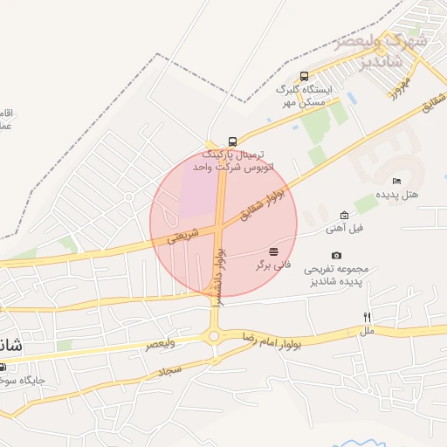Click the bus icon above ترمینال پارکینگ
231,141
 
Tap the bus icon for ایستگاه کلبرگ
304,76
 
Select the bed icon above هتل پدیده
396,182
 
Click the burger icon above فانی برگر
274,251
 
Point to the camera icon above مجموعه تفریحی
337,255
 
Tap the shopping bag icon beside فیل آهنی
344,216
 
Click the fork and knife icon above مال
368,319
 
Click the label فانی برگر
272,265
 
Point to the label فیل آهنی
344,228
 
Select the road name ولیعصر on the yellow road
160,343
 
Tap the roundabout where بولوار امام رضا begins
214,335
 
